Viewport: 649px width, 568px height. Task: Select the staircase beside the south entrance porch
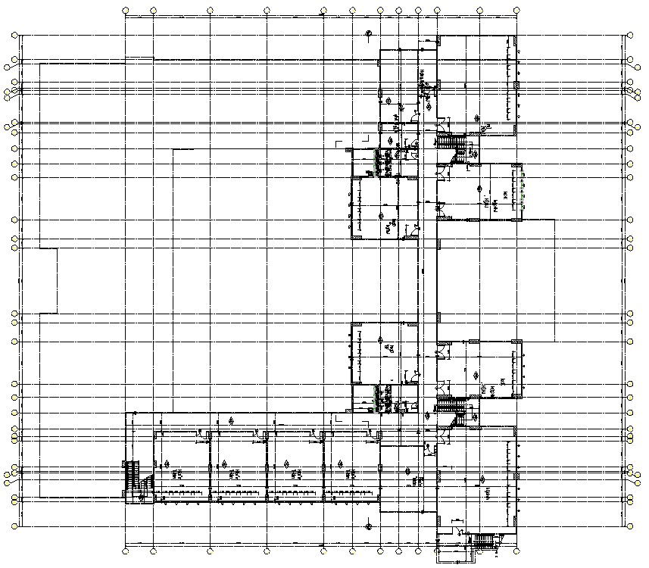(482, 541)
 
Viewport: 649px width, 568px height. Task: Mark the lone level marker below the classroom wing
(367, 524)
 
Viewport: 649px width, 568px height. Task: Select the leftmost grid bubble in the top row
(126, 11)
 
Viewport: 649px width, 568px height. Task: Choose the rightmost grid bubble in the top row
(517, 11)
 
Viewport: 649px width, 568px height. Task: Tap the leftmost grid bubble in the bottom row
(126, 551)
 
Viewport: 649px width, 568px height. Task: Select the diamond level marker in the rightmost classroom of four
(342, 463)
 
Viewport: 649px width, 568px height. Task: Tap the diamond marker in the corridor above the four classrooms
(231, 419)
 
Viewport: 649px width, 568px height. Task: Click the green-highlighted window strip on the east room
(523, 189)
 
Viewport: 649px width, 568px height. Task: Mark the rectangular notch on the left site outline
(48, 280)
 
